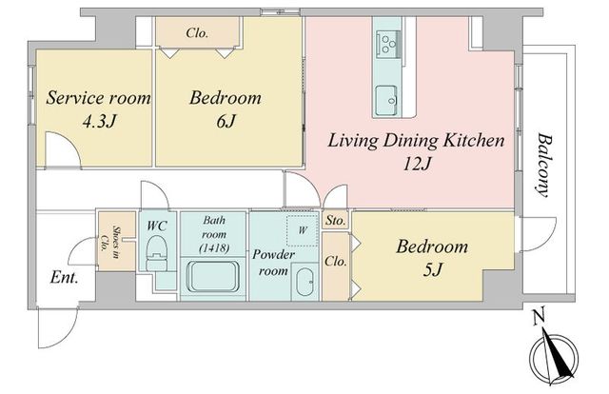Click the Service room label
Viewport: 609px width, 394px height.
pos(98,97)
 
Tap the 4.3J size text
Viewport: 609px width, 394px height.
pos(99,122)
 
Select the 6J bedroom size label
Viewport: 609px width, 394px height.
pos(226,122)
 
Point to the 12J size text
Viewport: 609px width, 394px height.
pos(417,165)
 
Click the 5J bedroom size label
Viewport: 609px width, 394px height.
pos(432,269)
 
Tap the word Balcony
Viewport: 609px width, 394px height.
pos(544,166)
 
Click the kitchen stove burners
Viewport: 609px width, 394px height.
pos(388,45)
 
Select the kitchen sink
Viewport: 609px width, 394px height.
pos(385,100)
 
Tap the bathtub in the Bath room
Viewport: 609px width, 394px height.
pos(213,276)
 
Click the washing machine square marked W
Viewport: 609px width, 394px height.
pos(303,230)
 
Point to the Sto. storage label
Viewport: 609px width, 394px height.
pos(335,221)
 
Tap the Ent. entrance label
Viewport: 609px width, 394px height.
pos(65,278)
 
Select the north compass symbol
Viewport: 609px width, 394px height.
pos(554,354)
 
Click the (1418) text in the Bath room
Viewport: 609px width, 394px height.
pos(213,247)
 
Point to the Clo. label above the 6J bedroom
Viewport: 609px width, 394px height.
pos(197,33)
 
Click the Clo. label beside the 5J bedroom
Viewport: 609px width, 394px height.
pos(336,262)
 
